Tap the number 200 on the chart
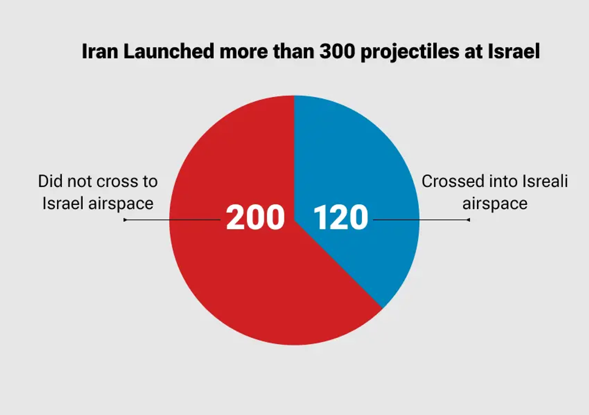click(255, 218)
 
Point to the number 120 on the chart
click(341, 218)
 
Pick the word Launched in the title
click(169, 51)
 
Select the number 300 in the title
click(337, 51)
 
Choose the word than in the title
click(293, 51)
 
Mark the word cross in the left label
click(110, 181)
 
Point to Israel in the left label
click(63, 203)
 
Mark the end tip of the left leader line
click(125, 220)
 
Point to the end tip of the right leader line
click(469, 220)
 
